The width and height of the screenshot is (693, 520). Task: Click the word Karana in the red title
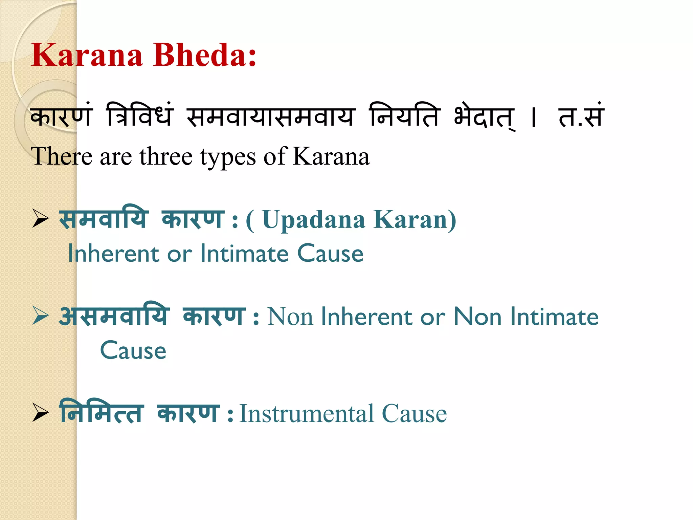click(x=87, y=55)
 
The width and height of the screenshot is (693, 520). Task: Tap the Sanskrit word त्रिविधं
click(x=139, y=115)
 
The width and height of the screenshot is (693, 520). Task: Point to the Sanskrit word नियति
click(x=405, y=115)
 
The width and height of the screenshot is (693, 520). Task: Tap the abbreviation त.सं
click(x=581, y=116)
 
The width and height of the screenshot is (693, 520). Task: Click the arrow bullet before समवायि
click(x=41, y=219)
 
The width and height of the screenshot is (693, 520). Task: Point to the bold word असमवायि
click(x=113, y=316)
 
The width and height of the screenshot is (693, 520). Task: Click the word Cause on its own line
click(x=133, y=350)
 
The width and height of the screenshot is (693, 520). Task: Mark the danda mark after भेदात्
click(x=534, y=117)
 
